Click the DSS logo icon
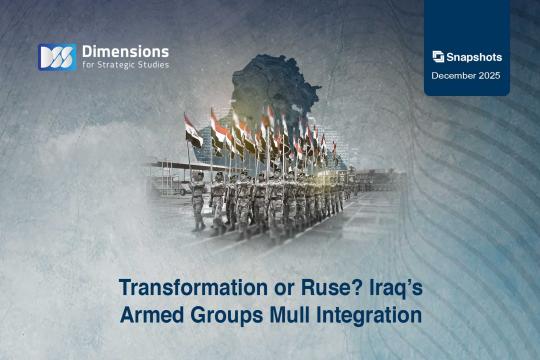[x=56, y=57]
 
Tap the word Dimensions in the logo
[x=124, y=51]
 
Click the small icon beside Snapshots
[x=438, y=57]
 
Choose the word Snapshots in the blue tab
[x=473, y=57]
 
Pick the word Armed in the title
[x=149, y=315]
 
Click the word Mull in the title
[x=283, y=315]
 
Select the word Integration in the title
[x=364, y=315]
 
